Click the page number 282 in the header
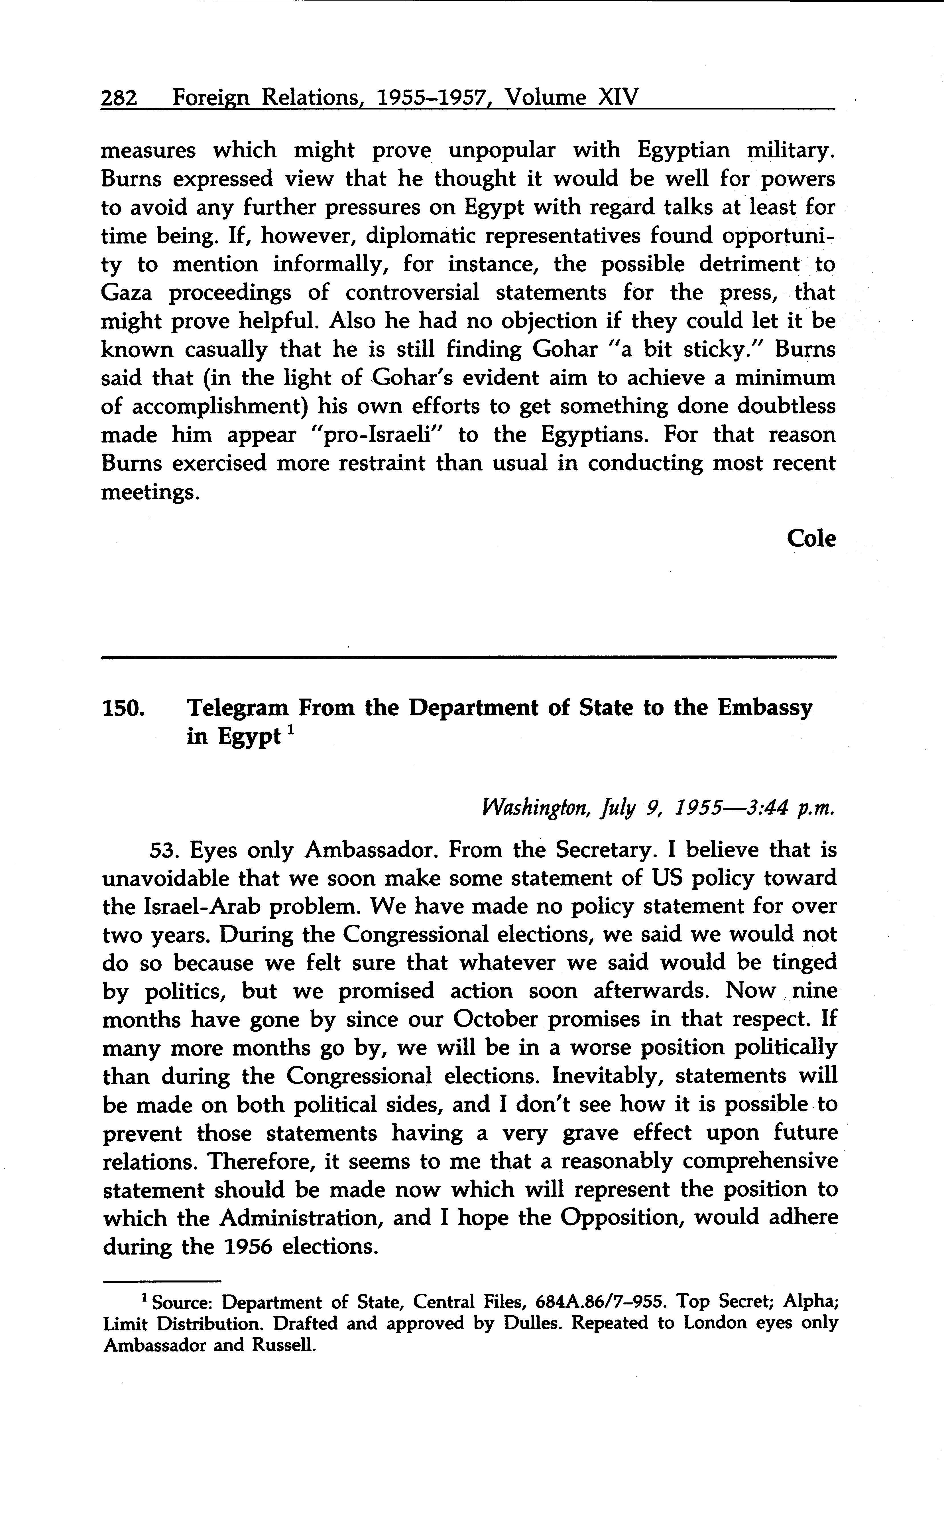(119, 98)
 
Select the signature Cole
(810, 538)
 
